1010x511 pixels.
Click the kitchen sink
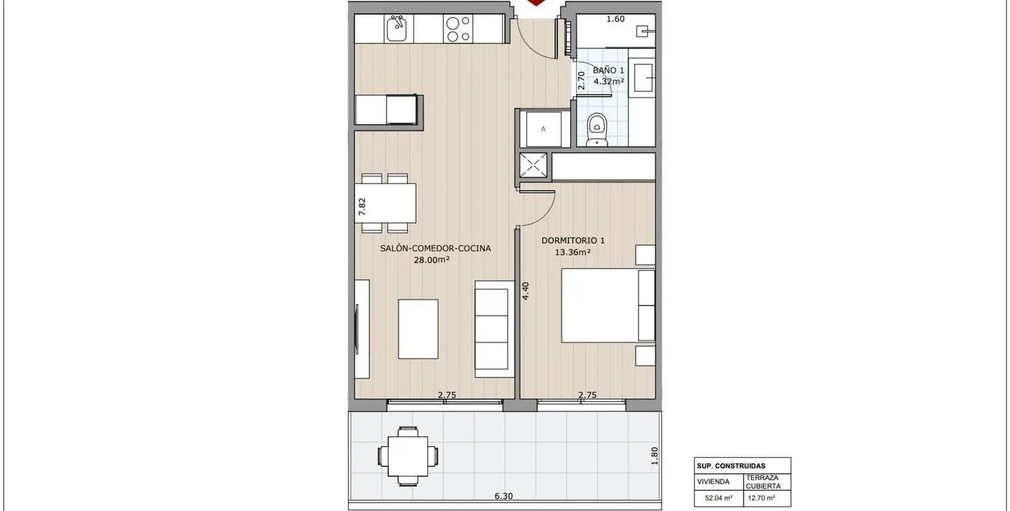[x=397, y=28]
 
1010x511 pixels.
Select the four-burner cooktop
[x=458, y=29]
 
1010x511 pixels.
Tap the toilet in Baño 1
[x=597, y=129]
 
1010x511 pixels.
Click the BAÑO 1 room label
[x=609, y=70]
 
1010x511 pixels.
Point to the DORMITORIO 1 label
[x=573, y=240]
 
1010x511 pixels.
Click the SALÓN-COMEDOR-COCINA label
[x=435, y=249]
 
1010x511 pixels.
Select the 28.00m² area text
[x=432, y=259]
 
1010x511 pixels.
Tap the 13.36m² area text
[x=573, y=252]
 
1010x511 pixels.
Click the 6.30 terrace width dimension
[x=504, y=496]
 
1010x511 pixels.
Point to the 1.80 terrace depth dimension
[x=655, y=455]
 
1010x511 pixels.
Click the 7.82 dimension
[x=362, y=207]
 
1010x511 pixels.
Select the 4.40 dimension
[x=525, y=291]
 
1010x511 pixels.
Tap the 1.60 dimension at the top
[x=615, y=19]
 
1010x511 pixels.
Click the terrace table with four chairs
[x=408, y=456]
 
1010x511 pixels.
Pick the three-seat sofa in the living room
[x=494, y=329]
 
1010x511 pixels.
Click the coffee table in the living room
[x=418, y=329]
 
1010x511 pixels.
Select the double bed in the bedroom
[x=608, y=305]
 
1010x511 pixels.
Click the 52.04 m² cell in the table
[x=719, y=498]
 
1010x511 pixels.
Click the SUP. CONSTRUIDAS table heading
[x=731, y=466]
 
